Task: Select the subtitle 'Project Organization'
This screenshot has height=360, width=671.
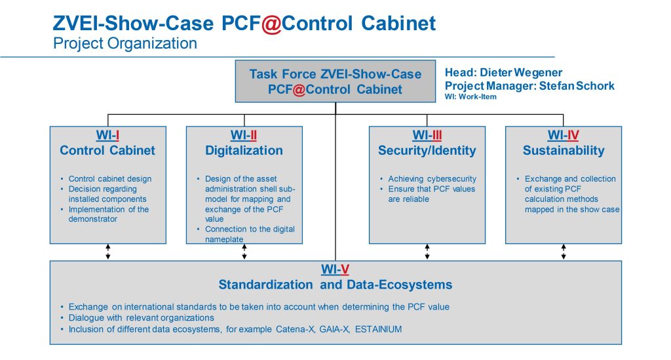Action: pyautogui.click(x=125, y=44)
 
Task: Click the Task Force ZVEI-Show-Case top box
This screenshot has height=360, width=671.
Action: pyautogui.click(x=335, y=82)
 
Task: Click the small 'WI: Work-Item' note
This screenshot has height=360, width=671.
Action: pyautogui.click(x=470, y=96)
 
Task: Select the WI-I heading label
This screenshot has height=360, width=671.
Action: pyautogui.click(x=107, y=136)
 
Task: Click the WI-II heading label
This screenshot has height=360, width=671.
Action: pyautogui.click(x=244, y=136)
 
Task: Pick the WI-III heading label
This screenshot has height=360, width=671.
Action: pyautogui.click(x=427, y=136)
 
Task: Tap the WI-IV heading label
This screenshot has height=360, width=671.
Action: pyautogui.click(x=563, y=136)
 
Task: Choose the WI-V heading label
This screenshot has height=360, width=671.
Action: pyautogui.click(x=335, y=270)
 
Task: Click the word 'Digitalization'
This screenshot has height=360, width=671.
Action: pyautogui.click(x=244, y=151)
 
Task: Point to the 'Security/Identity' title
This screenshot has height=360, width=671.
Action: pyautogui.click(x=427, y=151)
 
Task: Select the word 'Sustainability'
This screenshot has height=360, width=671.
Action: pyautogui.click(x=563, y=151)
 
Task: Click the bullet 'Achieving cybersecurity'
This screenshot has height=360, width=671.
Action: pyautogui.click(x=432, y=179)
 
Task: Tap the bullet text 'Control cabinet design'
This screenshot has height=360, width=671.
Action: pyautogui.click(x=109, y=179)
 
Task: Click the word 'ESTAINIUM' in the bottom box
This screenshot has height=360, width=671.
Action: pyautogui.click(x=378, y=329)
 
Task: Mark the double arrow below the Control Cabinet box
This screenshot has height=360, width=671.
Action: pyautogui.click(x=107, y=251)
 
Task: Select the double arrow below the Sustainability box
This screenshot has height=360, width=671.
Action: pyautogui.click(x=563, y=251)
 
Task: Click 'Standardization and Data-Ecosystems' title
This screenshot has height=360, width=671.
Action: pyautogui.click(x=335, y=285)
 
